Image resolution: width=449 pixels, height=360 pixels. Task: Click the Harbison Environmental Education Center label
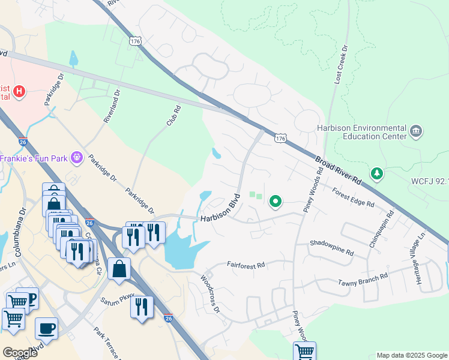(x=361, y=131)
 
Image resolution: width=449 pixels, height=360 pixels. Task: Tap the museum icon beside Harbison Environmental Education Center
(x=415, y=131)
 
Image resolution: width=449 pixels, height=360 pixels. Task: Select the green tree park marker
(x=376, y=173)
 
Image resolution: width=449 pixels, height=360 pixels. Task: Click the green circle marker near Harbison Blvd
(x=276, y=202)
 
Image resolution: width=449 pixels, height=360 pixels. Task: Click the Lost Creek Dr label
(x=340, y=64)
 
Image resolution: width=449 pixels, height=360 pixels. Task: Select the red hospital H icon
(x=20, y=91)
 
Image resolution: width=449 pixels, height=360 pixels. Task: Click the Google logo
(x=20, y=352)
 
